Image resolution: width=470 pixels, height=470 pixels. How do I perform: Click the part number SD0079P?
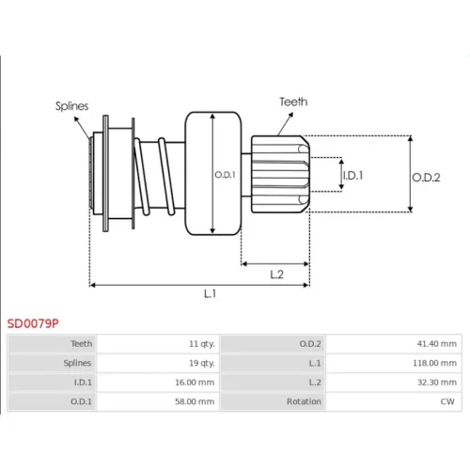point(33,323)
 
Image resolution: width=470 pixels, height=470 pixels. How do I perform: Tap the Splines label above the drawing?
point(71,106)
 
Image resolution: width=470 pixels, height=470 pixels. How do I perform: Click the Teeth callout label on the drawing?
point(293,102)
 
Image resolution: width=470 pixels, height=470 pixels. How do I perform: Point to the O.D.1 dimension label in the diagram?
point(225,175)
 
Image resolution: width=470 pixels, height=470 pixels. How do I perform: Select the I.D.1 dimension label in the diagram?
point(352,176)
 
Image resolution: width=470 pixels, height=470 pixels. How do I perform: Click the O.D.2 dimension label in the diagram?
point(426,178)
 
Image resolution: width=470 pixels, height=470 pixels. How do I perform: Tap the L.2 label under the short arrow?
point(276,274)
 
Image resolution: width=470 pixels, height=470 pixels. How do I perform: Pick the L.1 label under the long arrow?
point(210,293)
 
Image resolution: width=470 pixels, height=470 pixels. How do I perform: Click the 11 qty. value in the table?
point(202,344)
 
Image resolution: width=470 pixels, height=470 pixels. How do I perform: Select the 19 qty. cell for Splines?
point(202,363)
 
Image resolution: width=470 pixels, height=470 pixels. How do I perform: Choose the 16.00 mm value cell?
point(195,383)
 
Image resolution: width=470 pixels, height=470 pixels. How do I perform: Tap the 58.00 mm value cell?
point(195,401)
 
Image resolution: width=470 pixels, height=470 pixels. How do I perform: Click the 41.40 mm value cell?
point(437,344)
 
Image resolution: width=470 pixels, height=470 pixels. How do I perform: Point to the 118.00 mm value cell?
point(434,363)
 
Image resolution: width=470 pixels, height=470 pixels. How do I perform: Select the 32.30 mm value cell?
point(437,383)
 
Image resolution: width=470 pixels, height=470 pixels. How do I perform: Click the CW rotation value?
point(447,401)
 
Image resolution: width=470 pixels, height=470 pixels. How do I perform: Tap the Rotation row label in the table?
point(304,401)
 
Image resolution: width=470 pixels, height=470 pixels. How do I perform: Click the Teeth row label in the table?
point(82,344)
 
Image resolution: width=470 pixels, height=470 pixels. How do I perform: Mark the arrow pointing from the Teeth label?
point(285,124)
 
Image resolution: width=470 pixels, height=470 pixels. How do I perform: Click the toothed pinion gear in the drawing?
point(280,174)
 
